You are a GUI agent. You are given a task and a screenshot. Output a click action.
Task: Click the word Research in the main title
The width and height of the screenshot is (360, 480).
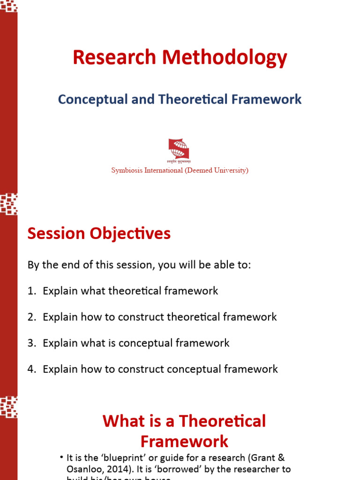pyautogui.click(x=114, y=58)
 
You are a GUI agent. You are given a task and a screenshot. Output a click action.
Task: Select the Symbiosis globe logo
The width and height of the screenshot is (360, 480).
pyautogui.click(x=179, y=149)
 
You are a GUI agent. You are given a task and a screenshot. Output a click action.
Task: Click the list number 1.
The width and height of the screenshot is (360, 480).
pyautogui.click(x=31, y=291)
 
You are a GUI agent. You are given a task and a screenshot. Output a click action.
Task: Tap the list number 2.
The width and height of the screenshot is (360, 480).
pyautogui.click(x=31, y=317)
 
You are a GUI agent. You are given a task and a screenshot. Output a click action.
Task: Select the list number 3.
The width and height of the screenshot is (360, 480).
pyautogui.click(x=31, y=343)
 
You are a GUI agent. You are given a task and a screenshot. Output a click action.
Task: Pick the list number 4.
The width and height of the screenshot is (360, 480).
pyautogui.click(x=31, y=369)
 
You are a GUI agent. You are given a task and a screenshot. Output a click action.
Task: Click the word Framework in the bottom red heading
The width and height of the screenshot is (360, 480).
pyautogui.click(x=184, y=442)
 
